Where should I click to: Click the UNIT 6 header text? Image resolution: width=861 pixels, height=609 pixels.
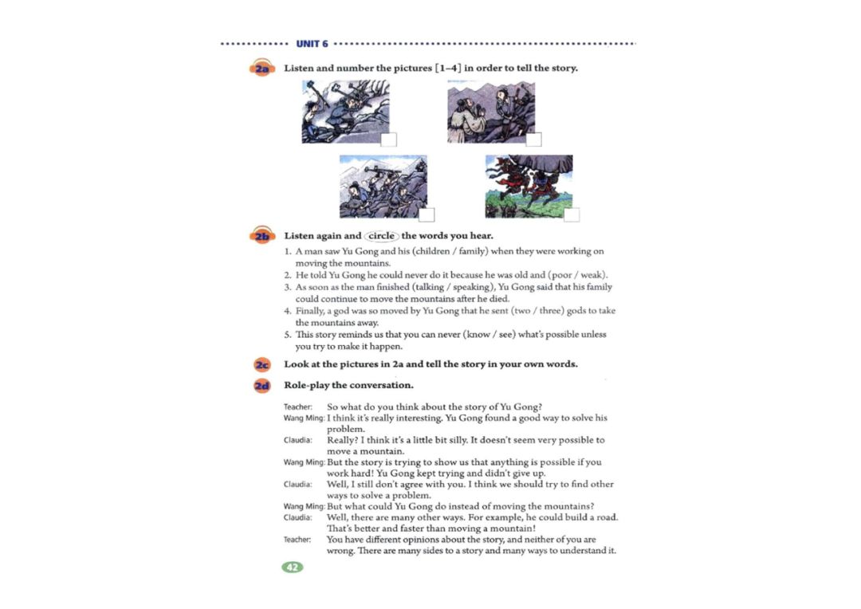pos(312,44)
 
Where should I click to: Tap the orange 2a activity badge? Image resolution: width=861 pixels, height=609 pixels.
pos(262,68)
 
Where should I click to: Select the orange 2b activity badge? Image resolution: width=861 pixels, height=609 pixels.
pos(262,236)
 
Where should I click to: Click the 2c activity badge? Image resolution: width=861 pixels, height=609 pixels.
pos(262,364)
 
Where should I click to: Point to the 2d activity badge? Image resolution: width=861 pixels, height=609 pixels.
pos(262,386)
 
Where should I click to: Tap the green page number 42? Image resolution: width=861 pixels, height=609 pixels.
pos(292,568)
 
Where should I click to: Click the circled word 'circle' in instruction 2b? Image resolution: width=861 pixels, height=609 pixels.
pos(381,236)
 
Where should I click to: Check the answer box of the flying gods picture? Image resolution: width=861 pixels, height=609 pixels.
pos(572,214)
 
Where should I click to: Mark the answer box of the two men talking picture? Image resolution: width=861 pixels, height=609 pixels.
pos(533,139)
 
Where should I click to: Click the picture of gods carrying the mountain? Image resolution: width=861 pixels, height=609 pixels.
pos(529,187)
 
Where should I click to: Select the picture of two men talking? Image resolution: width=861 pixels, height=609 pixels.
pos(491,112)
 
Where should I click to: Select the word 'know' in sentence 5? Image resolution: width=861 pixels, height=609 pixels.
pos(478,335)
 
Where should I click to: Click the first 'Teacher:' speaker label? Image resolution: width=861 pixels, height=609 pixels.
pos(297,407)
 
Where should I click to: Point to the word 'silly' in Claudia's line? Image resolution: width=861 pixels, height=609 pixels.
pos(455,440)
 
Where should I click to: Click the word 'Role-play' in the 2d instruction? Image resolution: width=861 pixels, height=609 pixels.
pos(306,386)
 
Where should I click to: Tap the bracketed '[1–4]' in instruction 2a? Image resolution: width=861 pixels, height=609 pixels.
pos(447,68)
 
